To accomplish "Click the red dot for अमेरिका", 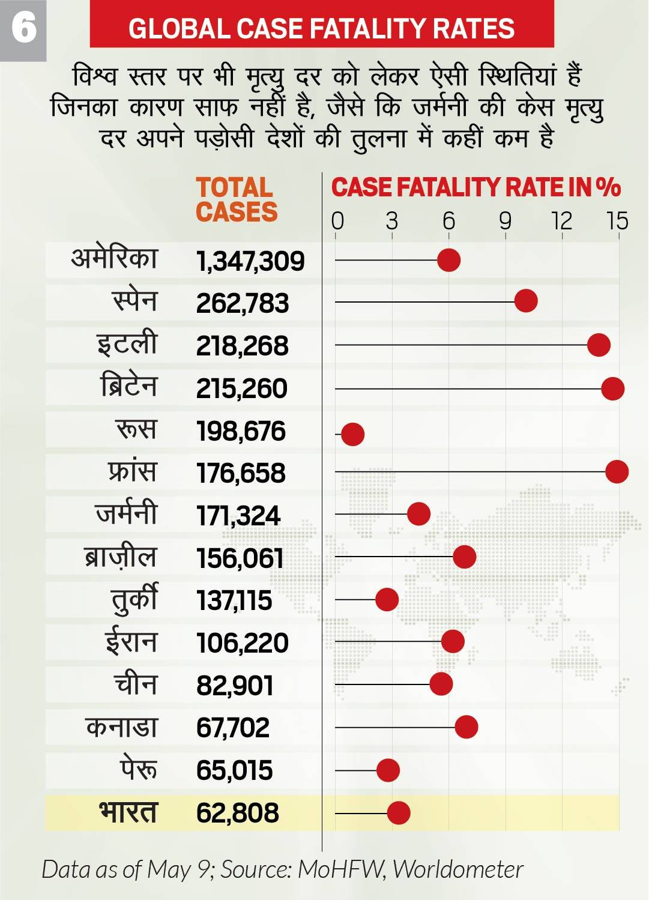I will pos(448,260).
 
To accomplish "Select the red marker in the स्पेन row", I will pos(526,301).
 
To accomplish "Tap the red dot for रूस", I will pos(352,433).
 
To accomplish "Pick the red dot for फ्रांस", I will pos(617,471).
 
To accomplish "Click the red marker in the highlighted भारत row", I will pos(399,813).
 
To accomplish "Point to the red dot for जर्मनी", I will pos(418,514).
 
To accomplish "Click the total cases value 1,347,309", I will pos(250,261).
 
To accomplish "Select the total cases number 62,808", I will pos(238,813).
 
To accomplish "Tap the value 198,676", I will pos(241,432).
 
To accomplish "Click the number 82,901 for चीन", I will pos(235,686).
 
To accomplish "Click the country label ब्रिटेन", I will pos(128,386).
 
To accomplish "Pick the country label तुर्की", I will pos(134,600).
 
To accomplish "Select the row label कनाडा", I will pos(122,727).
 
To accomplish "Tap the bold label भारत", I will pos(128,812).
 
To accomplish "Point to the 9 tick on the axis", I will pos(506,221).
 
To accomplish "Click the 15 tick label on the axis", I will pos(617,221).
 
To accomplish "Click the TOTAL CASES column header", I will pos(236,200).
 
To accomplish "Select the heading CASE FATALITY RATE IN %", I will pos(475,187).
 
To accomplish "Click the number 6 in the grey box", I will pos(23,28).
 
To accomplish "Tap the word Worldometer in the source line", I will pos(458,869).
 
